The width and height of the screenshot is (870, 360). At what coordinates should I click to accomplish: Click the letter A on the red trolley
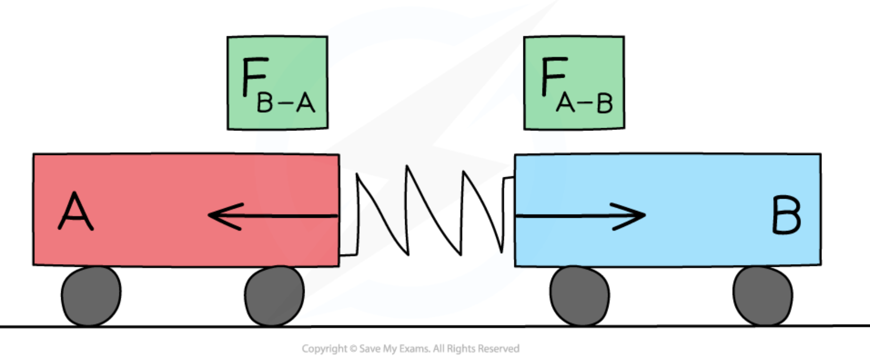tap(76, 211)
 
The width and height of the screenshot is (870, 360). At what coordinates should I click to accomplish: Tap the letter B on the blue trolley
tap(786, 215)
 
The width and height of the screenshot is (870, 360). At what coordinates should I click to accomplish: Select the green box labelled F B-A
tap(277, 83)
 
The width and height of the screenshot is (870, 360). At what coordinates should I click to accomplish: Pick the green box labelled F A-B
tap(574, 83)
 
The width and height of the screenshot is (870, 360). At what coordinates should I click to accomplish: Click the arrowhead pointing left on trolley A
tap(224, 216)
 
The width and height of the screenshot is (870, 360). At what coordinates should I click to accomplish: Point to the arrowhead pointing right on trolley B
tap(631, 216)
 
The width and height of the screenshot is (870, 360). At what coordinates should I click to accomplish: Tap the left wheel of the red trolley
tap(91, 296)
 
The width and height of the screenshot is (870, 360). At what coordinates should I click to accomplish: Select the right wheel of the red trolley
tap(274, 296)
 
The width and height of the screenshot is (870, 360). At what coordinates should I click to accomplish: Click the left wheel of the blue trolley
tap(579, 296)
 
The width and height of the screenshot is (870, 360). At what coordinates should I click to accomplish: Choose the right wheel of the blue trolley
tap(762, 296)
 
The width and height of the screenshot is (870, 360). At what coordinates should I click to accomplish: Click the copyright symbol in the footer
tap(353, 349)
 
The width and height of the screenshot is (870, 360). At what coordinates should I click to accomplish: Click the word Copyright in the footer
tap(324, 349)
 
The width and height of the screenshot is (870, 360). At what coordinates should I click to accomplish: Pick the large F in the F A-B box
tap(553, 77)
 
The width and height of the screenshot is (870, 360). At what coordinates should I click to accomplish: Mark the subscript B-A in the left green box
tap(286, 102)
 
